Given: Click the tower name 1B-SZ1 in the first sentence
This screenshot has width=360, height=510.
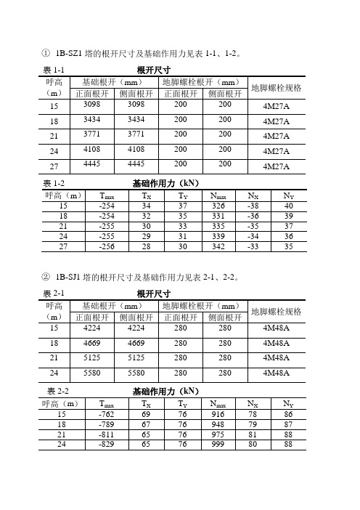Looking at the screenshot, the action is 72,53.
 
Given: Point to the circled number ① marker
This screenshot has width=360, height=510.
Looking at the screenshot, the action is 46,53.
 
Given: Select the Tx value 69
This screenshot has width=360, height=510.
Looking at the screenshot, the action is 147,413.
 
